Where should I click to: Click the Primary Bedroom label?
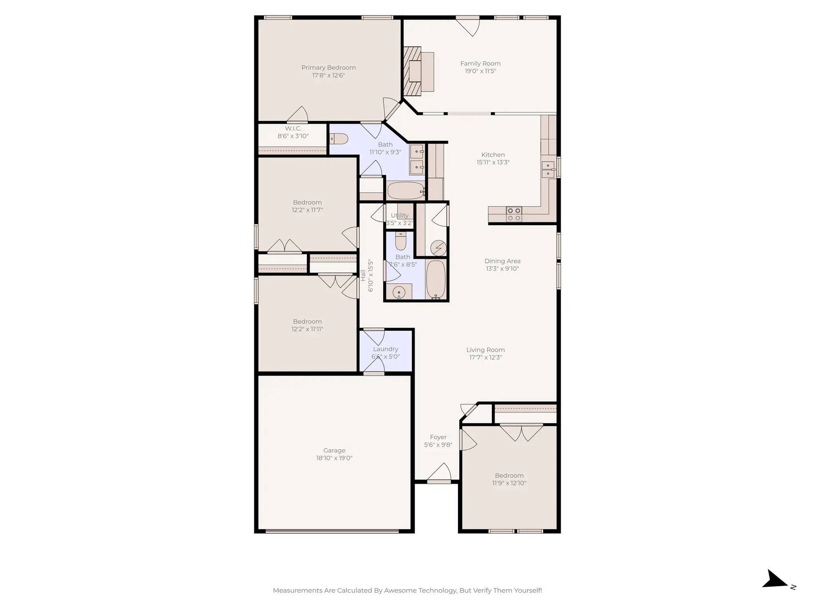tap(328, 68)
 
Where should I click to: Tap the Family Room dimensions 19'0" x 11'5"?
tap(480, 71)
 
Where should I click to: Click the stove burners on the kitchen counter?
tap(514, 214)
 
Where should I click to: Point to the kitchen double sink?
tap(548, 169)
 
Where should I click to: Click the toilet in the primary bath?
tap(339, 139)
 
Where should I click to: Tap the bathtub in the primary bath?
tap(406, 191)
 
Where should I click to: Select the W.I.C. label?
tap(293, 128)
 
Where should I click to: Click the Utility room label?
tap(400, 215)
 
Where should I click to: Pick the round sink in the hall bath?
tap(399, 293)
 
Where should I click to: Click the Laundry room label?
tap(385, 349)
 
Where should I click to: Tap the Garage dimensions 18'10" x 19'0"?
tap(334, 458)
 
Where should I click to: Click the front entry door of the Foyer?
tap(439, 481)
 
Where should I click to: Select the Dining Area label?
tap(502, 261)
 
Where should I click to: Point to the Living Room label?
tap(485, 350)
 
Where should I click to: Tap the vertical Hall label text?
tap(363, 275)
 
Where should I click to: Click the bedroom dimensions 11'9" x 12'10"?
tap(509, 483)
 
